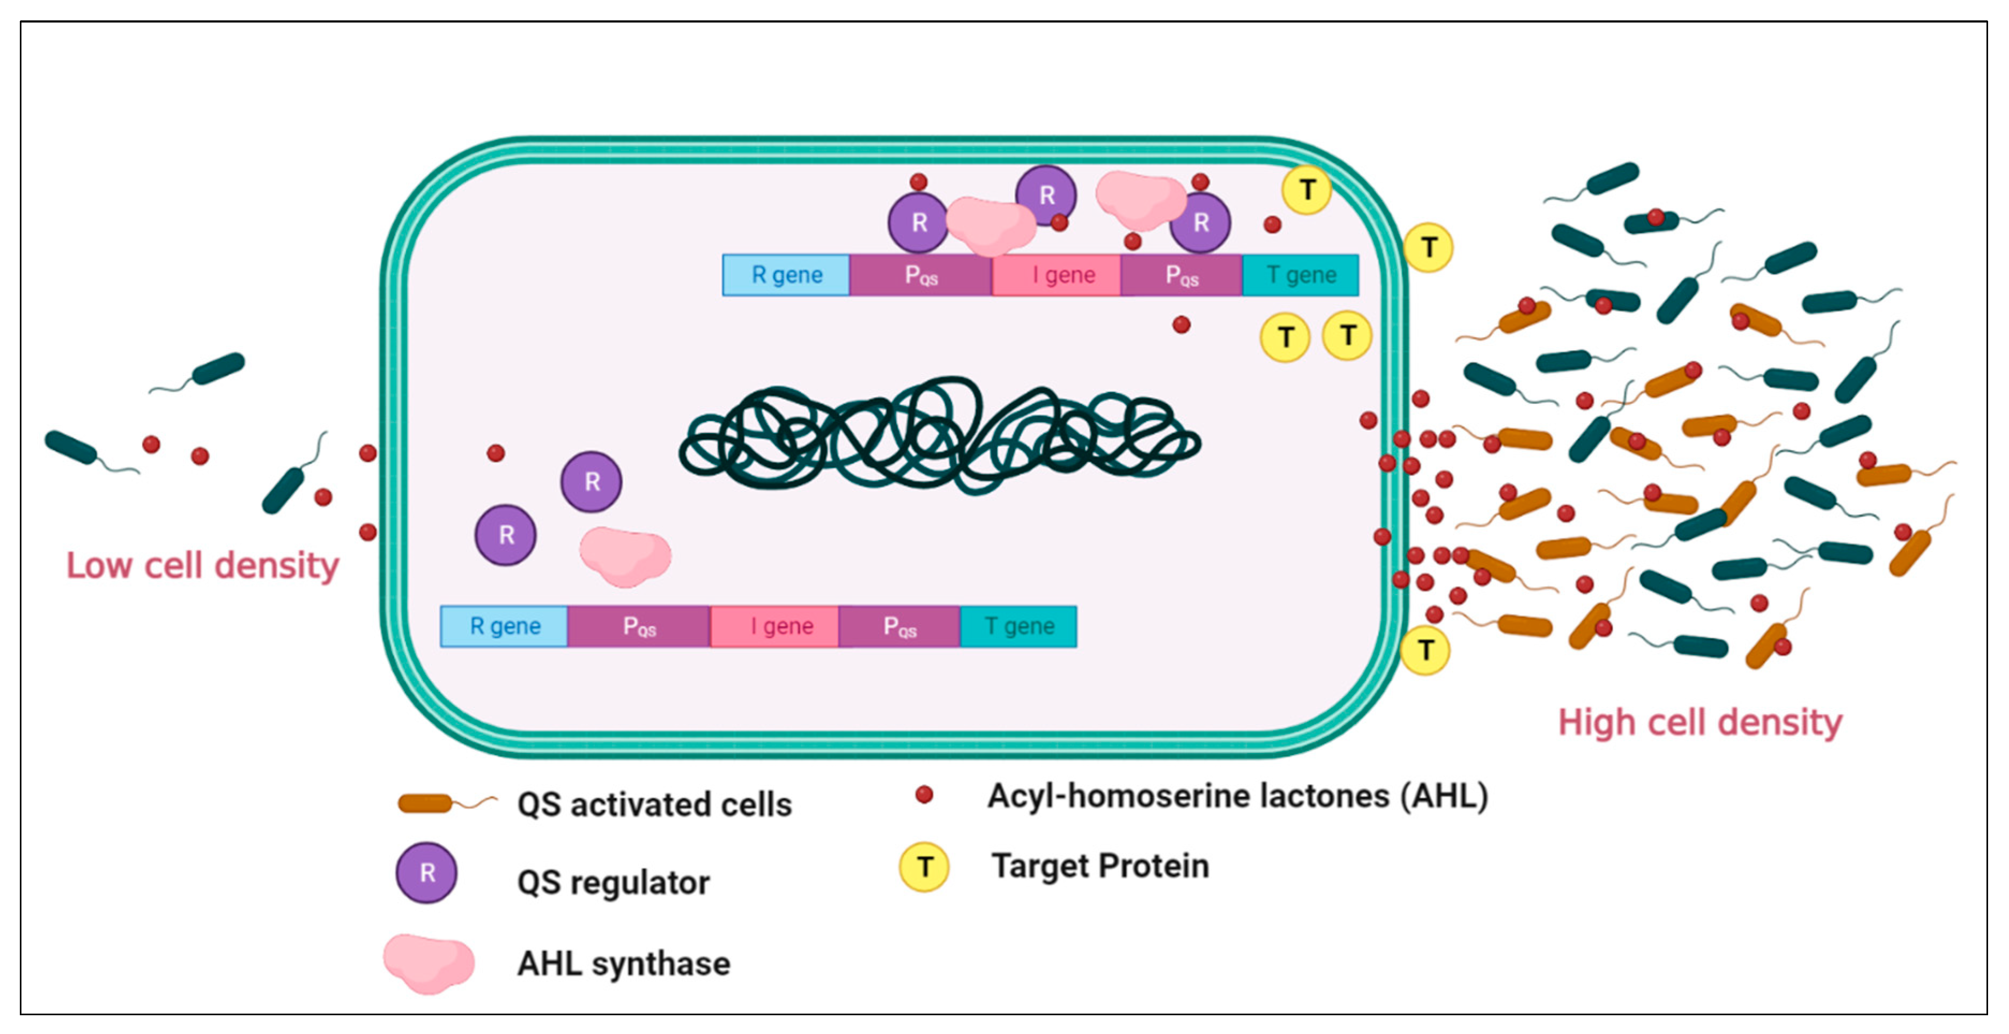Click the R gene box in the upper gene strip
[x=786, y=275]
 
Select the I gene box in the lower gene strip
[x=774, y=626]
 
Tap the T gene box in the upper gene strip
[x=1300, y=275]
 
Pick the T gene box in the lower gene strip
[x=1018, y=626]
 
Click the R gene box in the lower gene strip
[x=504, y=626]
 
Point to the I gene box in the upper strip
[x=1056, y=275]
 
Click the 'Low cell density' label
[x=202, y=565]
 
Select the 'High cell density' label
[x=1700, y=722]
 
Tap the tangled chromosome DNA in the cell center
[x=940, y=437]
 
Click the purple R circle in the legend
[x=426, y=873]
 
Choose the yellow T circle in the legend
[x=924, y=866]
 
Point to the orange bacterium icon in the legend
[x=426, y=803]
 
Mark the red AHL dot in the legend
[x=924, y=795]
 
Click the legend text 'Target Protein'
[x=1099, y=866]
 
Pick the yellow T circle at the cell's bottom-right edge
[x=1425, y=649]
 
